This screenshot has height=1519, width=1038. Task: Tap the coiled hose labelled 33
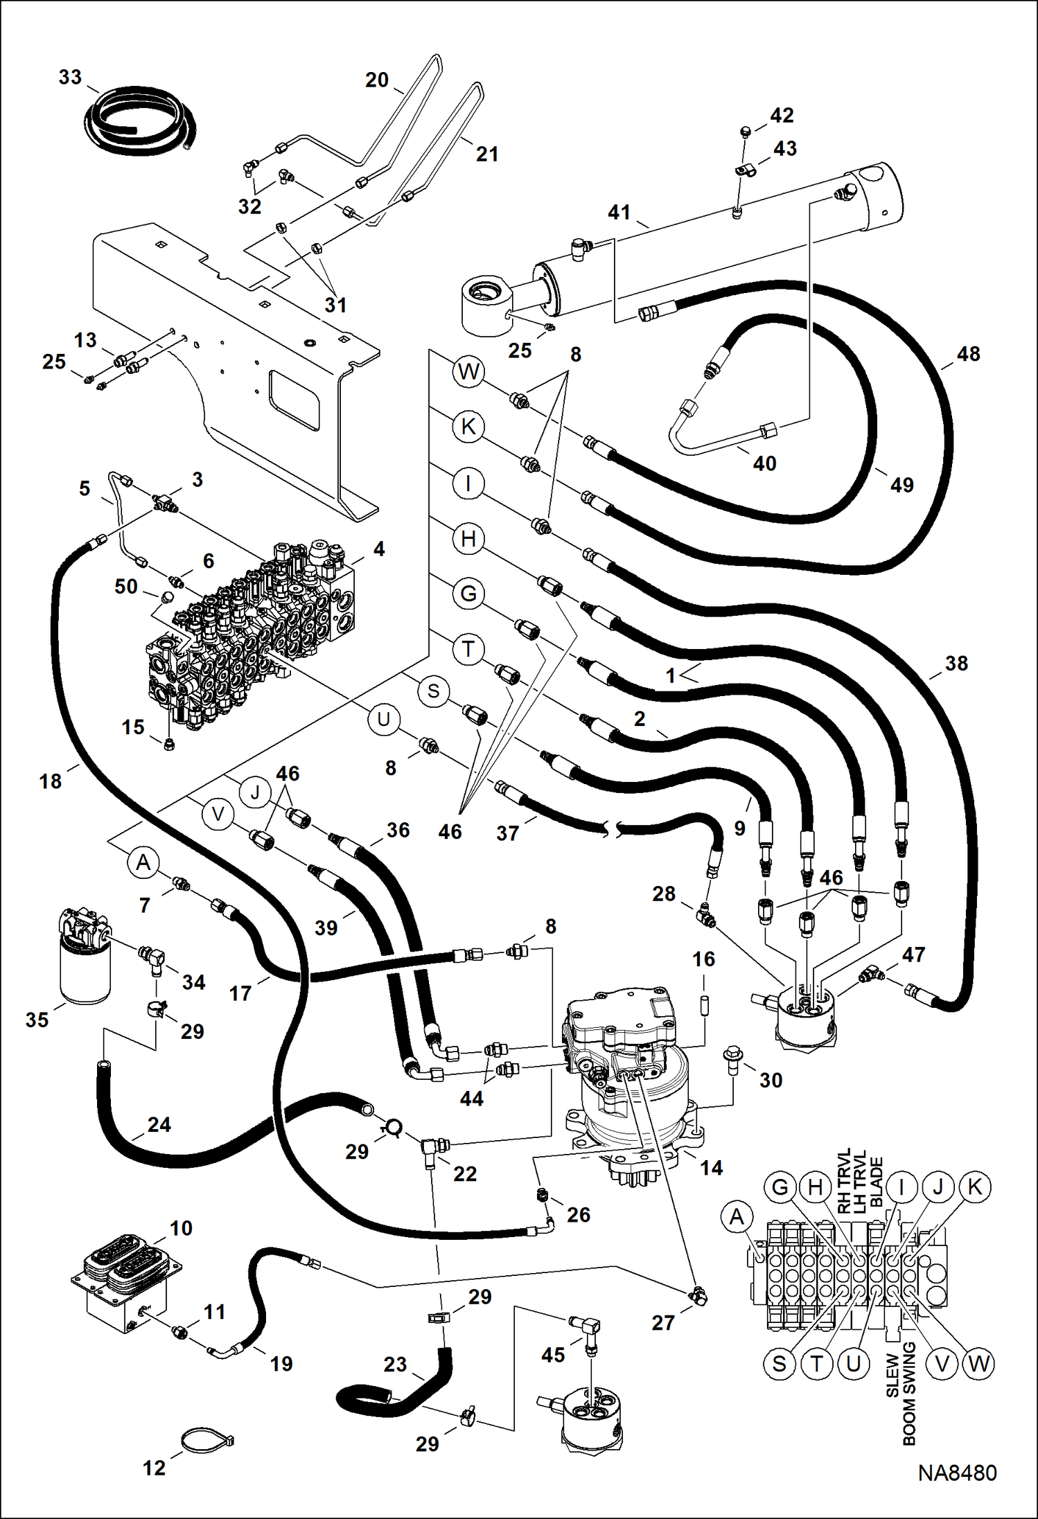(x=139, y=122)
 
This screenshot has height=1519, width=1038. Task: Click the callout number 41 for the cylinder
(x=619, y=212)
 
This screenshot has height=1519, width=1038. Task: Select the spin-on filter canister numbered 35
(x=85, y=970)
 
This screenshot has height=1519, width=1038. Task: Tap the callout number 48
(x=968, y=354)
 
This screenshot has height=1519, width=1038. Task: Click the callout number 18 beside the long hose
(x=50, y=781)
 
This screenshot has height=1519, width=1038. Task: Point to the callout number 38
(x=956, y=663)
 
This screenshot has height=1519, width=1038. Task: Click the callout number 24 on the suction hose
(x=159, y=1124)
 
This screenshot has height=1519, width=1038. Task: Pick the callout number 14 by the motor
(x=711, y=1168)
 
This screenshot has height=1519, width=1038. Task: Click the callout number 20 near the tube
(x=377, y=80)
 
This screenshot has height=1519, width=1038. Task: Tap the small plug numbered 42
(x=746, y=130)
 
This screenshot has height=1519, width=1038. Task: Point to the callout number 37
(x=507, y=833)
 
